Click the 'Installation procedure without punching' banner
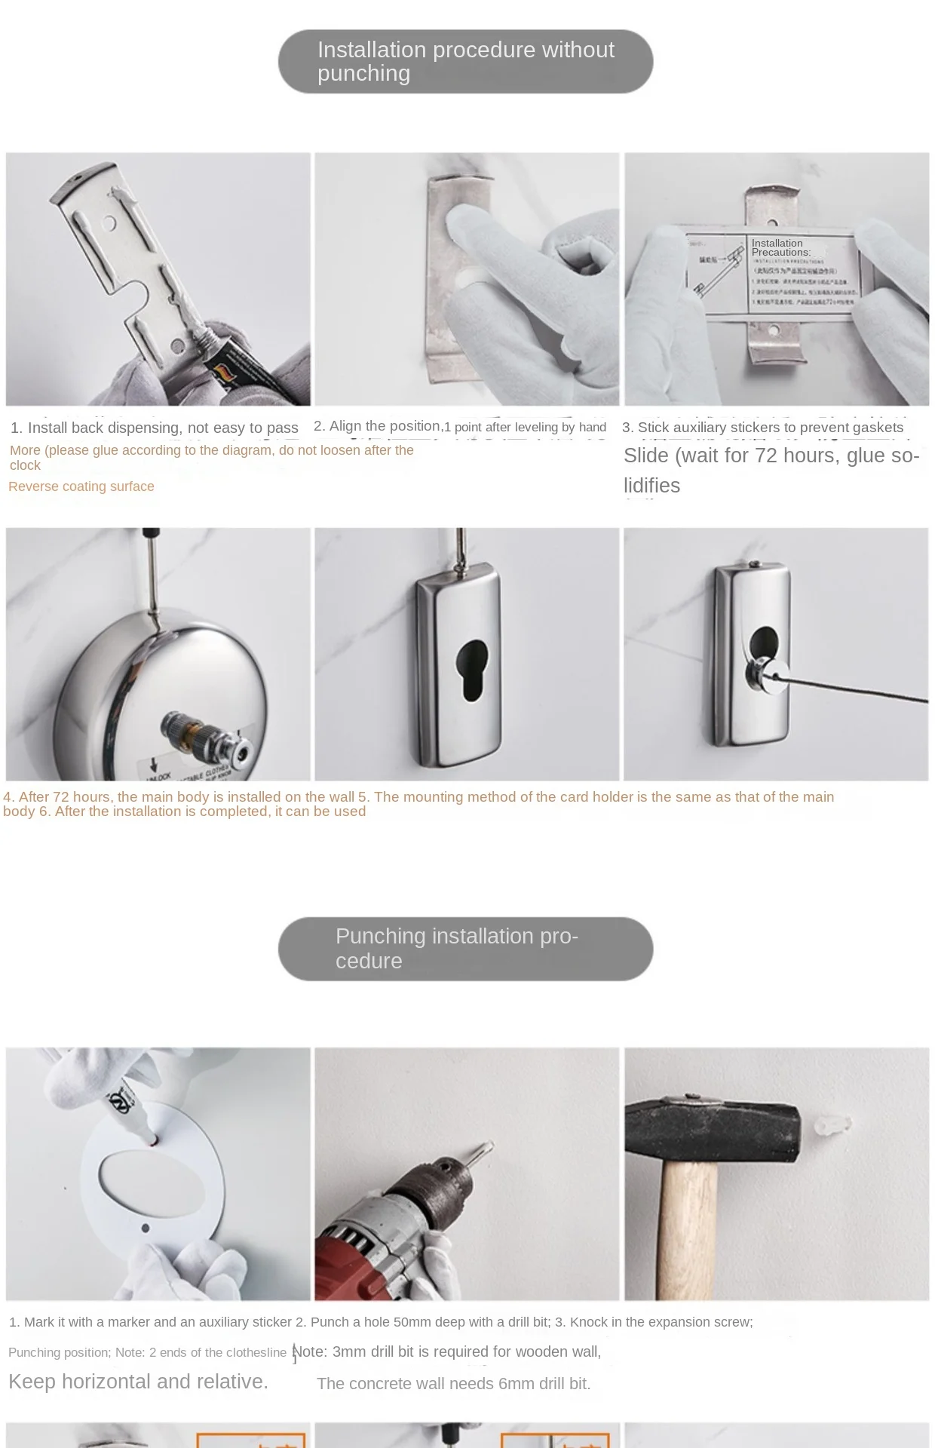click(x=465, y=62)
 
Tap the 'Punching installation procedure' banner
click(x=465, y=949)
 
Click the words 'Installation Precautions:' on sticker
click(x=780, y=247)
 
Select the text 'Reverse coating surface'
click(x=81, y=486)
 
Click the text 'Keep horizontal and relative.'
click(x=138, y=1382)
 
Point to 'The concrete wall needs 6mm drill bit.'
click(x=453, y=1384)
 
